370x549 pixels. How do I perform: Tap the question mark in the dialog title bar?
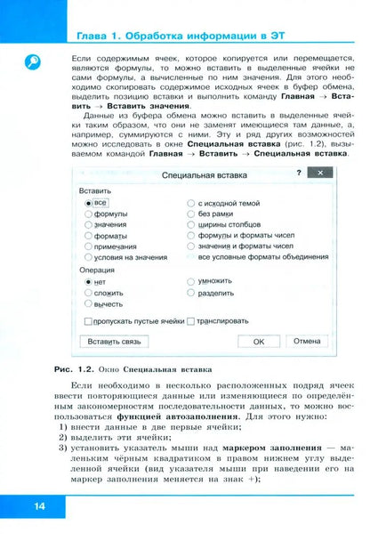click(x=298, y=173)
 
